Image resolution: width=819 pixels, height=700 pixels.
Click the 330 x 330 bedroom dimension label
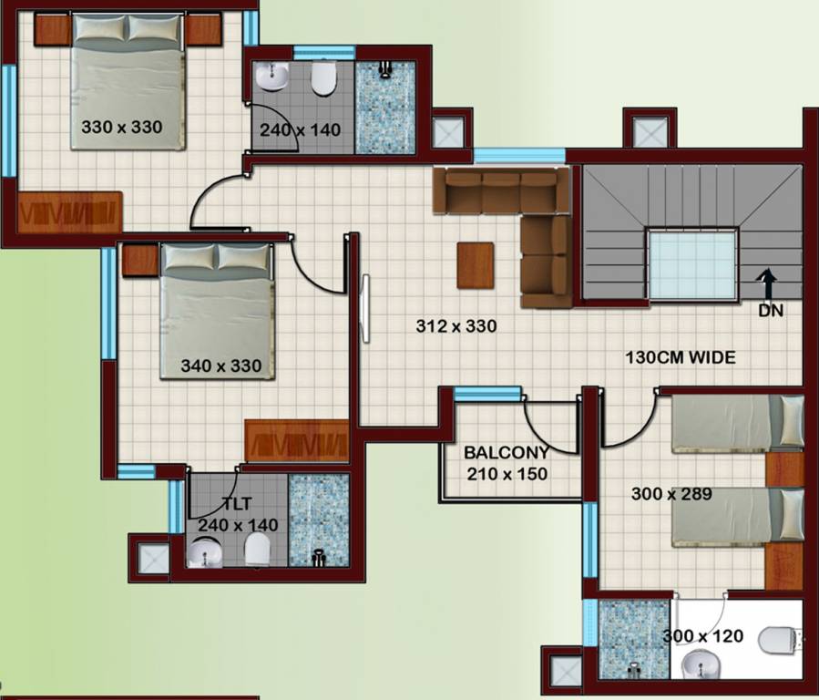pyautogui.click(x=122, y=128)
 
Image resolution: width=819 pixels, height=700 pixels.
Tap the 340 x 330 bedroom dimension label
pyautogui.click(x=221, y=366)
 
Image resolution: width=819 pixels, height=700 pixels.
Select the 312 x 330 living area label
pyautogui.click(x=456, y=325)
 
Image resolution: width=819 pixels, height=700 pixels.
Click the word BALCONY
pyautogui.click(x=507, y=452)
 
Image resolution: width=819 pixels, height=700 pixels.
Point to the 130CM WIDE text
pyautogui.click(x=680, y=358)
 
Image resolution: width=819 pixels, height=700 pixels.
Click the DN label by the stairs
pyautogui.click(x=770, y=310)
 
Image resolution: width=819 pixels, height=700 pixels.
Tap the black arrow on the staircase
pyautogui.click(x=768, y=283)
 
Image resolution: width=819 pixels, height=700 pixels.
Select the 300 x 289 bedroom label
pyautogui.click(x=671, y=494)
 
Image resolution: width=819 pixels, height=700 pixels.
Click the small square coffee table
pyautogui.click(x=476, y=263)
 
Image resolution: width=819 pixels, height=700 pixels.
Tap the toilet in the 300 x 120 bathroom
pyautogui.click(x=780, y=641)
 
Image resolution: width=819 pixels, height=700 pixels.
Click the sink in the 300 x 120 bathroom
pyautogui.click(x=699, y=664)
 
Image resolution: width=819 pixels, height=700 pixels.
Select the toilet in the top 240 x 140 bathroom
pyautogui.click(x=322, y=79)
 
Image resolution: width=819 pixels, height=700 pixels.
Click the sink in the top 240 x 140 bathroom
pyautogui.click(x=271, y=76)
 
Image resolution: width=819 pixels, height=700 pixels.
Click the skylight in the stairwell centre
pyautogui.click(x=691, y=264)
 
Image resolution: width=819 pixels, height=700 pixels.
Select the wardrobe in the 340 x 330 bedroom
pyautogui.click(x=297, y=442)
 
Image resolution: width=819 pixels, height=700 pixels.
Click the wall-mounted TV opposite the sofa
pyautogui.click(x=365, y=309)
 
